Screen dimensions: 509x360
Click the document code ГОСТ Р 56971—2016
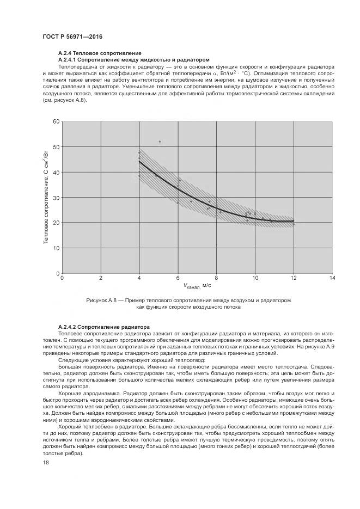[x=72, y=36]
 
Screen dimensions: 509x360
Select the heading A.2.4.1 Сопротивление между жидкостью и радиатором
[x=133, y=59]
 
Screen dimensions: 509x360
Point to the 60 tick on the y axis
[x=56, y=121]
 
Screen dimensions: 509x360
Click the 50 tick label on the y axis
[x=56, y=147]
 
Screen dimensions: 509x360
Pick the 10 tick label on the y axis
[x=56, y=248]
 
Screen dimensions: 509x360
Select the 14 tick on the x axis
[x=333, y=278]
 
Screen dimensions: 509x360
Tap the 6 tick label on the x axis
[x=178, y=278]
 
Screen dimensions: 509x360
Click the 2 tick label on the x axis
[x=100, y=278]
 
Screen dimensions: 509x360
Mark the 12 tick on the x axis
[x=294, y=278]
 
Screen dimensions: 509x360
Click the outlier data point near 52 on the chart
[x=160, y=142]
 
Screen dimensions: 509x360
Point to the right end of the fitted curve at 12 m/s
[x=294, y=220]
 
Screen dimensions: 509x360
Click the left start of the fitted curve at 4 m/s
[x=139, y=161]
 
